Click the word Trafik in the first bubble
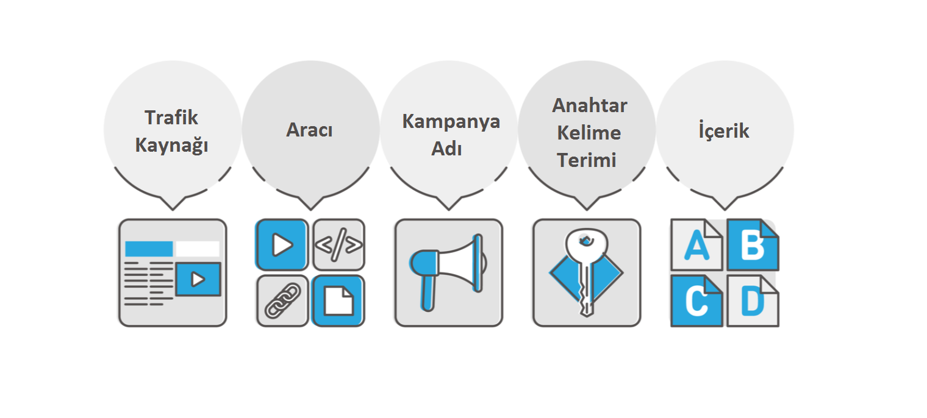171,117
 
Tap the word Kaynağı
171,146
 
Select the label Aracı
309,130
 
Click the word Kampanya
451,121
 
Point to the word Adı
447,148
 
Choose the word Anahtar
590,105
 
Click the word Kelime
589,133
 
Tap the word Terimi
589,160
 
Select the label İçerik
724,130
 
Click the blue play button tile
282,244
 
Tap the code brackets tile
338,244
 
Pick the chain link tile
282,300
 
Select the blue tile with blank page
338,300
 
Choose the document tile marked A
696,245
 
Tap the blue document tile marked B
753,245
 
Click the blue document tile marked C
696,301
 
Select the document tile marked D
753,301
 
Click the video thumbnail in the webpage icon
198,279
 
